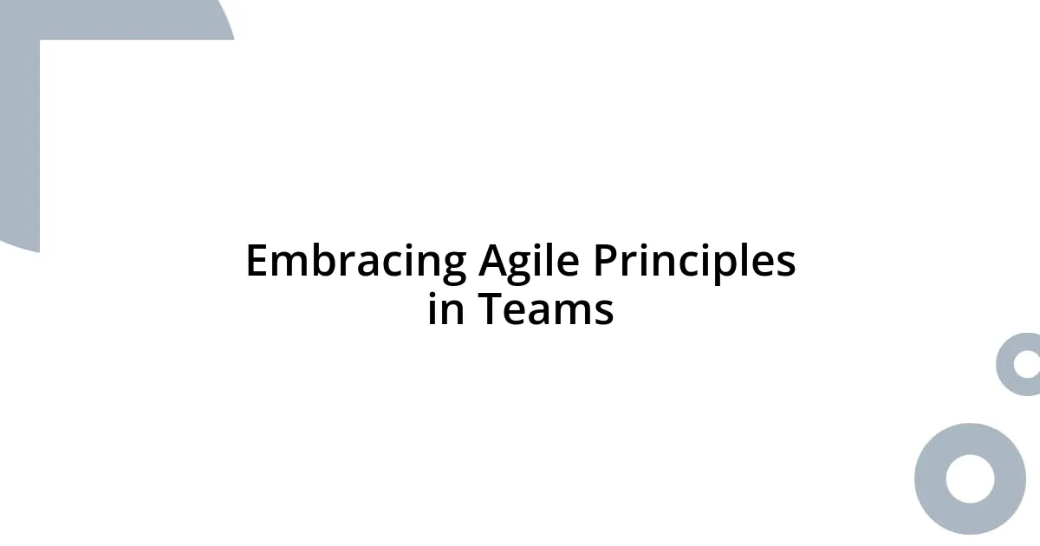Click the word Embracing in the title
click(x=355, y=261)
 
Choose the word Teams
click(x=546, y=309)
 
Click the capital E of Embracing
click(x=257, y=261)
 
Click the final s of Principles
click(x=786, y=265)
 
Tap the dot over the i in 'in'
click(x=433, y=294)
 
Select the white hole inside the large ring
click(x=970, y=478)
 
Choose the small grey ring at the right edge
click(x=1006, y=364)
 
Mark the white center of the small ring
click(x=1028, y=364)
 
